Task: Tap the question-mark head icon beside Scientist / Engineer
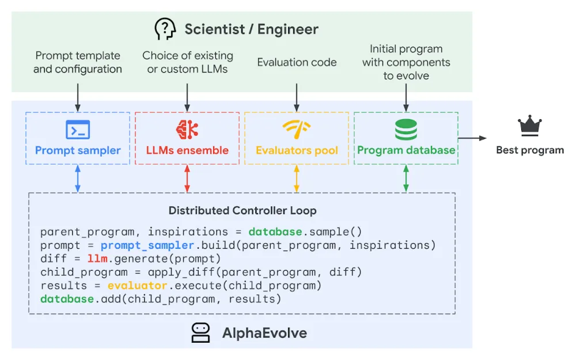[165, 28]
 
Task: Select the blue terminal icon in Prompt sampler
[78, 130]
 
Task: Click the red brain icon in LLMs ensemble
[187, 129]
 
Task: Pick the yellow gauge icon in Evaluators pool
[297, 129]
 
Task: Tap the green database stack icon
[406, 129]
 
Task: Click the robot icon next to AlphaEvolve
[200, 333]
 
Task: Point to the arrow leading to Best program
[472, 138]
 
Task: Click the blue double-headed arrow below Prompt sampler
[78, 179]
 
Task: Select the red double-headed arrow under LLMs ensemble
[187, 179]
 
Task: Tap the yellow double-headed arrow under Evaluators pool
[297, 179]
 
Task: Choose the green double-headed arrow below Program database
[406, 179]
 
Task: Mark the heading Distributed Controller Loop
[242, 210]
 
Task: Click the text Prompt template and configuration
[78, 62]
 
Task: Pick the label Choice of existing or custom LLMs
[188, 62]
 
